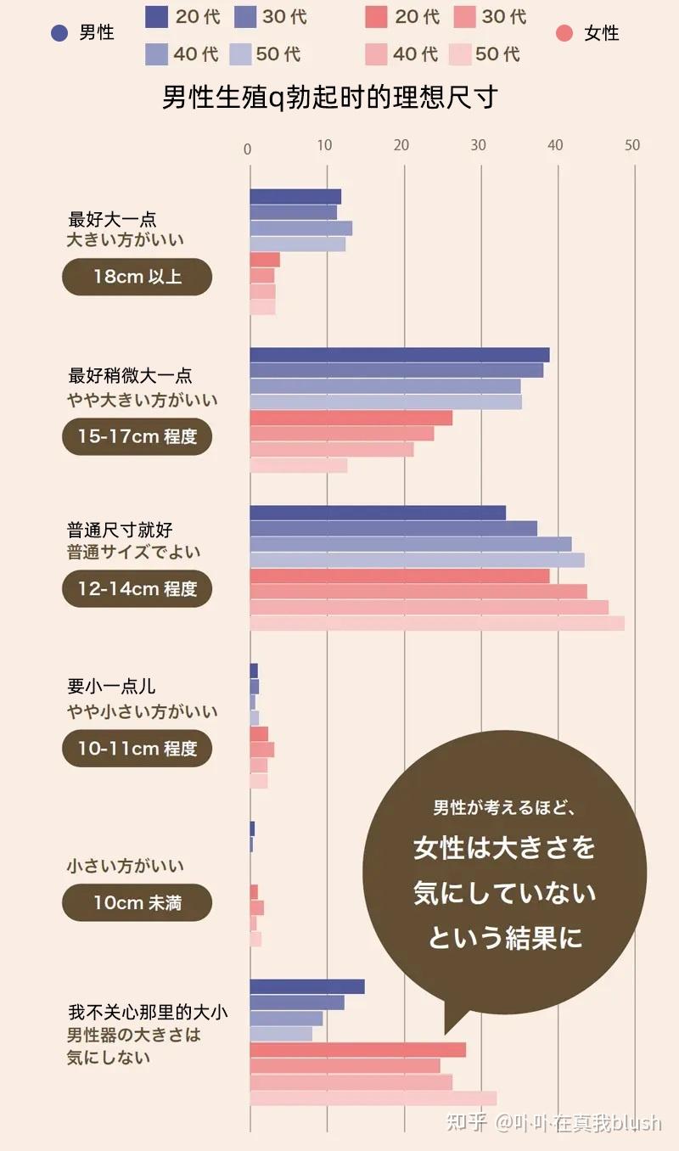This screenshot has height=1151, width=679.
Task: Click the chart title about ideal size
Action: click(x=329, y=98)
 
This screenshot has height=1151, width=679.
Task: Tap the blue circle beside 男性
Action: click(x=59, y=33)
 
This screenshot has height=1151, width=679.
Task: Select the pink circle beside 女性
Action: click(x=564, y=33)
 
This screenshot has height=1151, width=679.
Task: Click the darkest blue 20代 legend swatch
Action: click(x=157, y=16)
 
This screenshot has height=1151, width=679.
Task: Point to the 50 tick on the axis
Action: click(x=631, y=146)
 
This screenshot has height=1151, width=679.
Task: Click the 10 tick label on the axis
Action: click(x=325, y=146)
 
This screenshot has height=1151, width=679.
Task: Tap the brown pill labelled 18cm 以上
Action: click(x=137, y=277)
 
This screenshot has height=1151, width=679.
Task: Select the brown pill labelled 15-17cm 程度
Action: click(x=137, y=436)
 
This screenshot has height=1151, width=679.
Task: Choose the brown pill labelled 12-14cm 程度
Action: click(x=137, y=588)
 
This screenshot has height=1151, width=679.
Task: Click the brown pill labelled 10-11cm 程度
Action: click(x=137, y=748)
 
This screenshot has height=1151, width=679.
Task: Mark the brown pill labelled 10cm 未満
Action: click(x=137, y=902)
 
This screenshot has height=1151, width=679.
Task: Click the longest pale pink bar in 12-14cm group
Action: click(x=437, y=623)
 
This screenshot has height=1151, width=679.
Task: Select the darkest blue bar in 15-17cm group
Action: click(x=399, y=355)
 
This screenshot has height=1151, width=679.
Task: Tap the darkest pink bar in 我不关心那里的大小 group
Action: click(x=357, y=1050)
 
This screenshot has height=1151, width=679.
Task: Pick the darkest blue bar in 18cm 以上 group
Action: click(x=295, y=197)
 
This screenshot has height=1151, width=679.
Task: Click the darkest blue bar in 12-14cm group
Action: click(x=378, y=513)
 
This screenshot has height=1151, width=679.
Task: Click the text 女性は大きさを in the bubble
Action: click(x=504, y=847)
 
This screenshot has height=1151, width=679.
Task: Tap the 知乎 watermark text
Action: click(x=466, y=1123)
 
